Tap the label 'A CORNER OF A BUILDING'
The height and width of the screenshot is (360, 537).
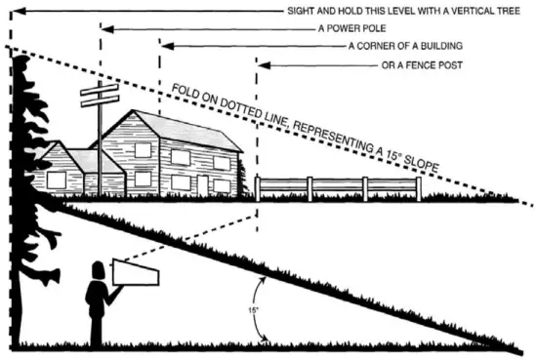[405, 46]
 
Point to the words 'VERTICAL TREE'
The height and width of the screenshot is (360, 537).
[484, 11]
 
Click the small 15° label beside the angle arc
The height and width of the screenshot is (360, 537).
[254, 311]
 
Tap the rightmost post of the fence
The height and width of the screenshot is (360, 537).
[419, 188]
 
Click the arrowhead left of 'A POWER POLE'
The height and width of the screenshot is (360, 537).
[104, 29]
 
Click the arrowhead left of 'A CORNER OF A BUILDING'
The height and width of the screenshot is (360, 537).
[163, 46]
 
